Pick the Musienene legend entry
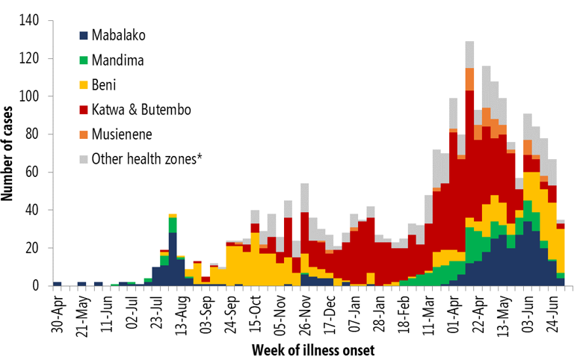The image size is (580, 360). click(x=123, y=134)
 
